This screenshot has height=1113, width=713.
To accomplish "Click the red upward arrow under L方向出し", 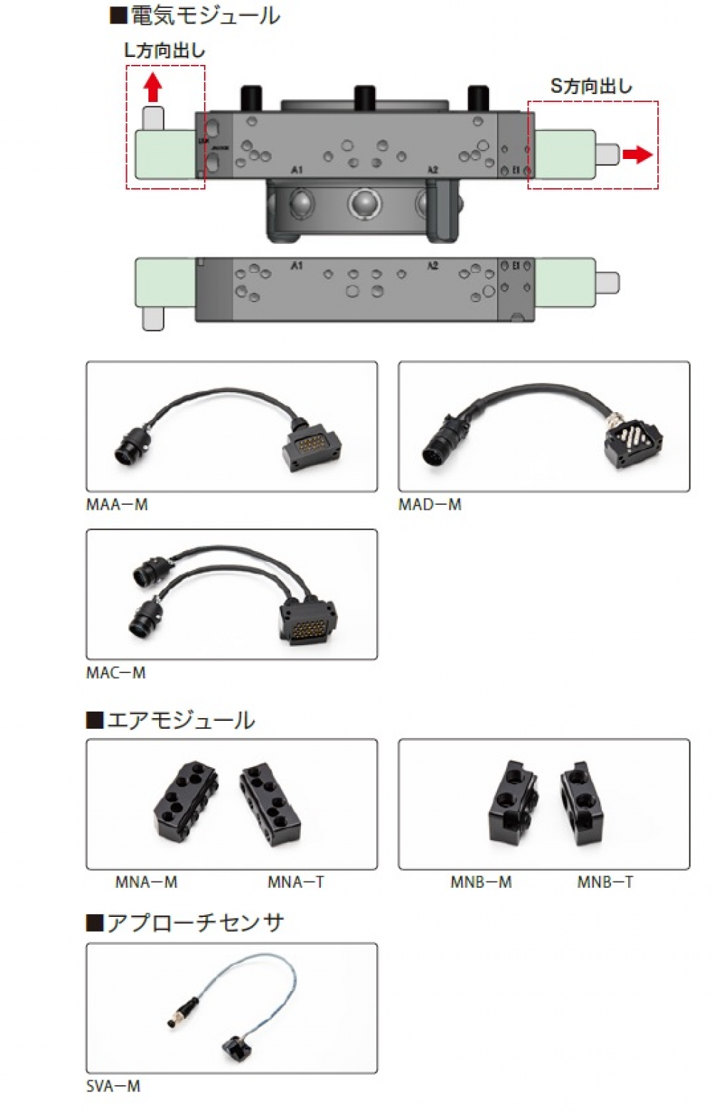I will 153,89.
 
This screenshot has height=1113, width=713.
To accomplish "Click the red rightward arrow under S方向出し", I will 637,154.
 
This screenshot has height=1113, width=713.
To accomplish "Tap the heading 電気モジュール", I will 195,16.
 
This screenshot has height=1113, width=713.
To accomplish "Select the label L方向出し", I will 164,51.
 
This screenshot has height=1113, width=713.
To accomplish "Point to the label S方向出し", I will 591,86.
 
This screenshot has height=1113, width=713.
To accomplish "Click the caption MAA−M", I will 117,505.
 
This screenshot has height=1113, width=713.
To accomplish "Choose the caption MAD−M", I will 430,505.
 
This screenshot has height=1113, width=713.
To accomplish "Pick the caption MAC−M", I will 116,672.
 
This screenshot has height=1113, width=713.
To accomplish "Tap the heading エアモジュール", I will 170,720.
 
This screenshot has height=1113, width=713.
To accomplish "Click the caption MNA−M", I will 146,883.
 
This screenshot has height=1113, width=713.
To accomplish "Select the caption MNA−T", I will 296,883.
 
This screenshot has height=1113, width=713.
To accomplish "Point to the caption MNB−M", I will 481,883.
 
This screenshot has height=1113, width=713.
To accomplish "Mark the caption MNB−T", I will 605,883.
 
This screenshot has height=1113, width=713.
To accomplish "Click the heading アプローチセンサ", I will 185,923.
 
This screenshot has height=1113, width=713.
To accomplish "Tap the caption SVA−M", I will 113,1087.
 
